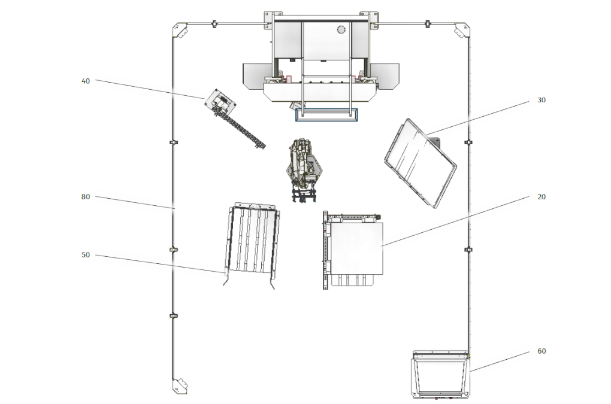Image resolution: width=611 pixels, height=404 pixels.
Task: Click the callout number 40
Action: (x=85, y=81)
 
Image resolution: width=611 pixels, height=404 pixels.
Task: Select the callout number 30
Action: (x=542, y=100)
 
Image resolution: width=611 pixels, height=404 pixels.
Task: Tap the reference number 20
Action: (x=542, y=197)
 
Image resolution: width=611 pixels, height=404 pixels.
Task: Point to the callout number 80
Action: (x=85, y=197)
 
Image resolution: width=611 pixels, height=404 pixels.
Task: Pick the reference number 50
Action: (x=85, y=255)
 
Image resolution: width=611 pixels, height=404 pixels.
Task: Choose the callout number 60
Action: (x=542, y=351)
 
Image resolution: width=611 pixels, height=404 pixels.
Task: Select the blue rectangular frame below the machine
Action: (x=326, y=115)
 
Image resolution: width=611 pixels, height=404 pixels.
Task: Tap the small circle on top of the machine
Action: (x=341, y=29)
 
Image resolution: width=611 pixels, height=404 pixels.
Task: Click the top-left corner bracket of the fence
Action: (x=180, y=31)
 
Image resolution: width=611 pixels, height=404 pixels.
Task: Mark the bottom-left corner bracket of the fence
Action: (x=180, y=385)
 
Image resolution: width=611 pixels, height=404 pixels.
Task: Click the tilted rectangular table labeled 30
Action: (x=420, y=163)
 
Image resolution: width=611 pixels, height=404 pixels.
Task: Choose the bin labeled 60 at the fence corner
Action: (x=440, y=375)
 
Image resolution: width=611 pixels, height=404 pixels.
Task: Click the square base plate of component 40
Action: (x=220, y=102)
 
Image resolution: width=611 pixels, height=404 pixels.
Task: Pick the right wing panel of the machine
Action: (x=385, y=76)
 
